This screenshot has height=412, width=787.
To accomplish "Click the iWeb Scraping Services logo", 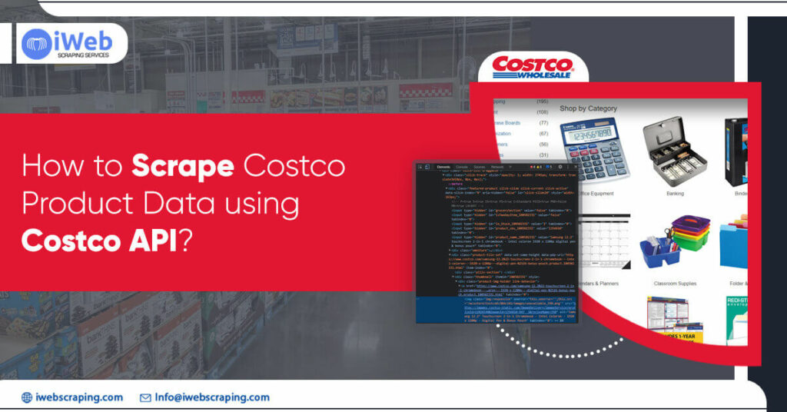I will (69, 44).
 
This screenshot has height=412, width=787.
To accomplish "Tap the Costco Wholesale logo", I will (533, 66).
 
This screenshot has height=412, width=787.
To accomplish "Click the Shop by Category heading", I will (588, 108).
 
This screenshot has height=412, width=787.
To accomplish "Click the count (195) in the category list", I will (543, 101).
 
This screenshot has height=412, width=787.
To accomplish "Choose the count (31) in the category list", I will (543, 155).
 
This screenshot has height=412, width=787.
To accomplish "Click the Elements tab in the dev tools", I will (443, 167).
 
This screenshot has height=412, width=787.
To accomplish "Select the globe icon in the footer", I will (27, 397).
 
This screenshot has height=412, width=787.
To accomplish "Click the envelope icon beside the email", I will (145, 397).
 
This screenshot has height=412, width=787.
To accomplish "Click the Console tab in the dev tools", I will (462, 167).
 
